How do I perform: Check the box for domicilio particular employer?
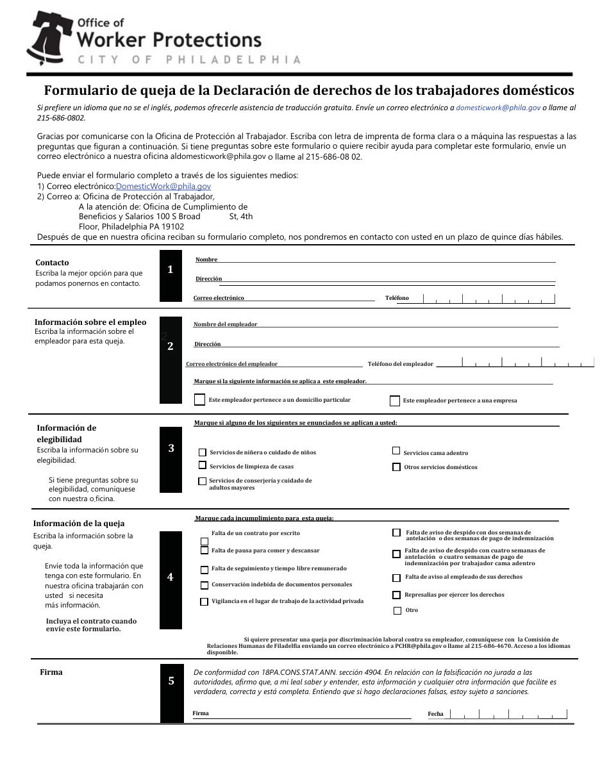point(200,399)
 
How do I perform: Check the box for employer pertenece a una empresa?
point(395,401)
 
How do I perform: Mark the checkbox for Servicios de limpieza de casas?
point(203,465)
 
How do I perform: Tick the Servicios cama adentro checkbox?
point(396,451)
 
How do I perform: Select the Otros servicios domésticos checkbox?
point(396,467)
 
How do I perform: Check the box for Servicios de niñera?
point(203,452)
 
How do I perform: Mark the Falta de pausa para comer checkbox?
point(204,550)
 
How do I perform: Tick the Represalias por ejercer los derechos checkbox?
point(397,595)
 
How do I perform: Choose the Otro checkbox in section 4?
point(397,610)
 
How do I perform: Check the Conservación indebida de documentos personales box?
point(204,585)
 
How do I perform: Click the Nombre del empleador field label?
point(225,324)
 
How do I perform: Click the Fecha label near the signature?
point(435,714)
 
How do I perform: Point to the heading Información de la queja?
point(79,523)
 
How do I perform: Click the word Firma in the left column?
point(51,672)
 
